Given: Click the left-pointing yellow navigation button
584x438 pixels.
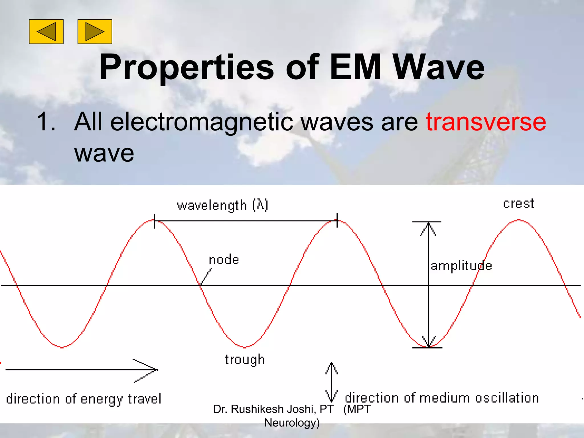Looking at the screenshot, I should (46, 32).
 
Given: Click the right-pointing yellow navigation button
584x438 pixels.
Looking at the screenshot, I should (95, 32).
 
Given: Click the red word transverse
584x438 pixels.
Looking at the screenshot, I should (486, 122).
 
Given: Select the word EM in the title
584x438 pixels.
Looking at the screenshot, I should (355, 67).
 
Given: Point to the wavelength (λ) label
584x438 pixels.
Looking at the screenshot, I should (222, 205).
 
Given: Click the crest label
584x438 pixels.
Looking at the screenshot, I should (518, 204).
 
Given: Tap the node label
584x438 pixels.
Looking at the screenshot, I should (224, 260).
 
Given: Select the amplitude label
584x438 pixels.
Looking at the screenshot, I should (461, 266).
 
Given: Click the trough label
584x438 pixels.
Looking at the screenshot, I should (245, 360).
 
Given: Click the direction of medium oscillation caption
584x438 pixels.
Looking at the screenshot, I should (442, 398).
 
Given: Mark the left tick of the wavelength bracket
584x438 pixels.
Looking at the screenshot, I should (154, 221).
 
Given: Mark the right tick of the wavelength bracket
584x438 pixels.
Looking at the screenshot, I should (337, 220).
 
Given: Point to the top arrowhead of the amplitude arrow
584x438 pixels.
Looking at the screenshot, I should (428, 227).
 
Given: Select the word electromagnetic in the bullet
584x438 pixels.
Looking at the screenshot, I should (202, 122).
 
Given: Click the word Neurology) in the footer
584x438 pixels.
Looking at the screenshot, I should (292, 423).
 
